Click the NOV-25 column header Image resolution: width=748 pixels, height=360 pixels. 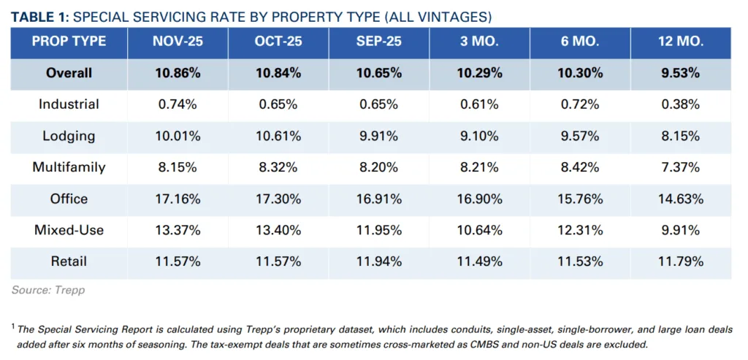[178, 42]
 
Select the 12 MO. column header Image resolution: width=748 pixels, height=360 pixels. [681, 42]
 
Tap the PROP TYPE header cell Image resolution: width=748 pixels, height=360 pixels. [69, 42]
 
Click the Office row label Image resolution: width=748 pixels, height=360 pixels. [69, 199]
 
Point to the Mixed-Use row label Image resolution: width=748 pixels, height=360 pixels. [69, 230]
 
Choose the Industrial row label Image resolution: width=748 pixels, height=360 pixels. [69, 104]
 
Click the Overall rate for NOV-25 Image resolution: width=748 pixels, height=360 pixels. [178, 73]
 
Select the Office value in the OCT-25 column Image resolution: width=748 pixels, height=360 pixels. [278, 199]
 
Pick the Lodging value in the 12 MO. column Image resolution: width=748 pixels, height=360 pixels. [681, 136]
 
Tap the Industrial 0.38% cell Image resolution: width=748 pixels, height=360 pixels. [681, 104]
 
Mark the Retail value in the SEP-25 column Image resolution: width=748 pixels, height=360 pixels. [379, 261]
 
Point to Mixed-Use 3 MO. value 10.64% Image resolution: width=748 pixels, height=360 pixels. [479, 230]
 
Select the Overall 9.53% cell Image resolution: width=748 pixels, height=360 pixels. [681, 73]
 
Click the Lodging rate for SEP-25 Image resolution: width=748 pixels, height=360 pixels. [379, 136]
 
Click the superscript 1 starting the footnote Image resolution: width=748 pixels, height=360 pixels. [13, 327]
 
